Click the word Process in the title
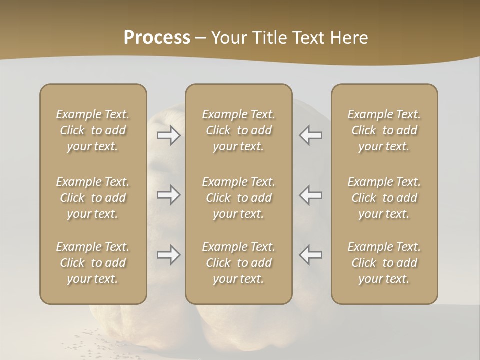pos(157,37)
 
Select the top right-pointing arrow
pos(169,136)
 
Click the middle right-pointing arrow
pos(169,195)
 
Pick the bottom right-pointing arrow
pos(169,255)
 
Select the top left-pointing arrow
pos(311,136)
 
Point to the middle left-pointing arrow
pos(311,195)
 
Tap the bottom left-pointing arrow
pos(311,255)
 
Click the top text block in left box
pos(93,130)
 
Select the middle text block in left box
pos(93,198)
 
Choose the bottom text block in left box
pos(93,263)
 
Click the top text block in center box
pos(239,130)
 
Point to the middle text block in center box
pos(239,198)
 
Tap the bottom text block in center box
pos(239,263)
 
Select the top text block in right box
pos(384,130)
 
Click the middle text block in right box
pos(384,198)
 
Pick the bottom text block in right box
pos(384,263)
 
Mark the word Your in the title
pos(229,38)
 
